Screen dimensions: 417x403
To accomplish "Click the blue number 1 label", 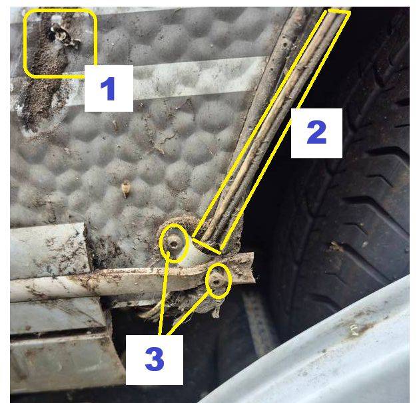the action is (108, 88).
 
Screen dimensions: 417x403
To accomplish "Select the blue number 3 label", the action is (155, 359).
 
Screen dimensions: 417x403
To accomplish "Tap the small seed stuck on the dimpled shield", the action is (125, 190).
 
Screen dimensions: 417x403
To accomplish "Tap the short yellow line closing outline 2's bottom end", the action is (207, 246).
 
